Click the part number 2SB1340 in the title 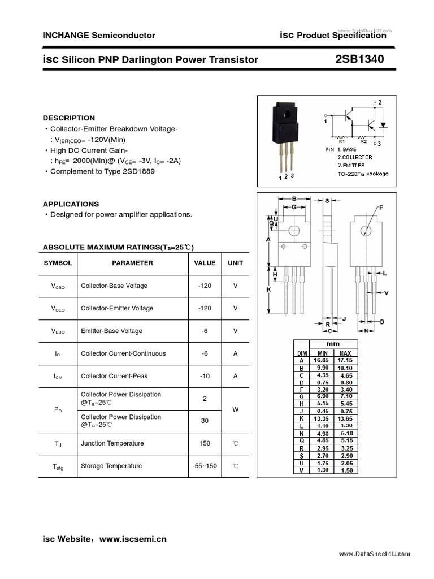[359, 59]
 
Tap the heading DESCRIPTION [69, 118]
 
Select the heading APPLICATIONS [71, 204]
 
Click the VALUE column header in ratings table [205, 263]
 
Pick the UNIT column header [235, 263]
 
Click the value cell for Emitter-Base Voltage [205, 331]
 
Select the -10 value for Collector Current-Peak [205, 376]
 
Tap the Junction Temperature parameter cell [112, 443]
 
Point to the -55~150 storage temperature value [205, 466]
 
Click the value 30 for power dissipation [205, 421]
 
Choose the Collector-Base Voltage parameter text [114, 286]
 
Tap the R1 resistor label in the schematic [341, 141]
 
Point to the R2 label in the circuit [363, 141]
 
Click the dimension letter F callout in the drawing [380, 208]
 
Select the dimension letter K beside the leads [268, 289]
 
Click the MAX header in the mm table [345, 353]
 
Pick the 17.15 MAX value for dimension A [345, 360]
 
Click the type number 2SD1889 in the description [136, 171]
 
